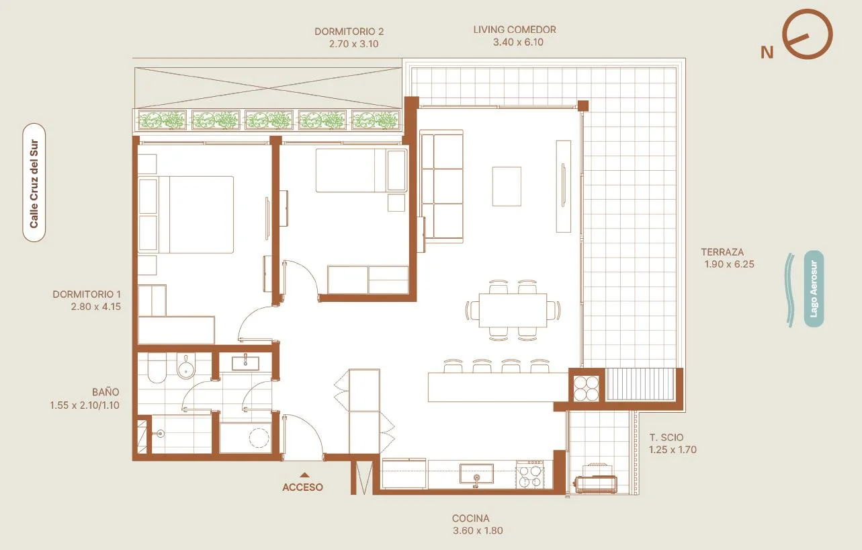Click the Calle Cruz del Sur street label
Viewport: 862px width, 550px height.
pyautogui.click(x=34, y=183)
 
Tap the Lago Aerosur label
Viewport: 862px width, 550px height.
pyautogui.click(x=814, y=289)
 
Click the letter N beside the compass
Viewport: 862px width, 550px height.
pyautogui.click(x=767, y=52)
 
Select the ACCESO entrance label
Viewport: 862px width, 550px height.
pyautogui.click(x=302, y=487)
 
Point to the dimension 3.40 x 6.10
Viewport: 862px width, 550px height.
pyautogui.click(x=518, y=42)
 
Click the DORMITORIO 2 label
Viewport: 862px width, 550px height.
pyautogui.click(x=349, y=32)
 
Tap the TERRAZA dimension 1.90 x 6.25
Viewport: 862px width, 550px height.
pyautogui.click(x=729, y=264)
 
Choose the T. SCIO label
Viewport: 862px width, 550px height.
pyautogui.click(x=666, y=438)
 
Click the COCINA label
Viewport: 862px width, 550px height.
pyautogui.click(x=470, y=518)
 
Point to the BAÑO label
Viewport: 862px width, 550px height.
pyautogui.click(x=105, y=392)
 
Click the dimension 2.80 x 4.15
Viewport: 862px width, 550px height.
pyautogui.click(x=96, y=307)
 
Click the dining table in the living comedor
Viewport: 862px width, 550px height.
pyautogui.click(x=513, y=310)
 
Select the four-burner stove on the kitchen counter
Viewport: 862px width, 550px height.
pyautogui.click(x=530, y=475)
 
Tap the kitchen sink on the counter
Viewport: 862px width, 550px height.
pyautogui.click(x=476, y=474)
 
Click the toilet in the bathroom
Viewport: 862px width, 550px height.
pyautogui.click(x=157, y=368)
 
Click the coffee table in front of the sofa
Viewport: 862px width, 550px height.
pyautogui.click(x=507, y=186)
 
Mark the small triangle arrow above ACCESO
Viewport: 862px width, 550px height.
pyautogui.click(x=305, y=475)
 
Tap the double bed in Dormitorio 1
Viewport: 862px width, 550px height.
pyautogui.click(x=186, y=214)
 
